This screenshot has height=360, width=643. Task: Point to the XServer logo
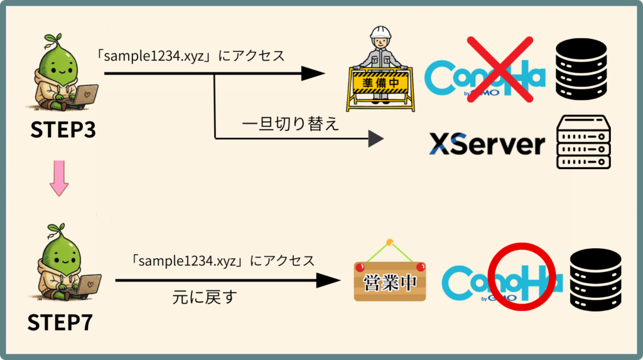tap(487, 145)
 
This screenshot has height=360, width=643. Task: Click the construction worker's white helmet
tap(381, 33)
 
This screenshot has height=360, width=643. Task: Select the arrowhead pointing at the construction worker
tap(315, 74)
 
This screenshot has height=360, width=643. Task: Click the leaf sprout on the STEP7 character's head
tap(55, 227)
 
